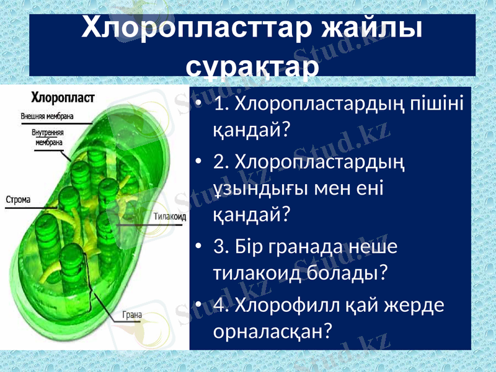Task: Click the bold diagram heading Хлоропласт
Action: [63, 97]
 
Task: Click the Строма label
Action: [19, 200]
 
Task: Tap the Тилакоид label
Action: [169, 217]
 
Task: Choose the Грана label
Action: [131, 314]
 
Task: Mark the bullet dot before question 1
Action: [197, 104]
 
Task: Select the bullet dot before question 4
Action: [197, 306]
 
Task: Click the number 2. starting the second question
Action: [221, 162]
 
